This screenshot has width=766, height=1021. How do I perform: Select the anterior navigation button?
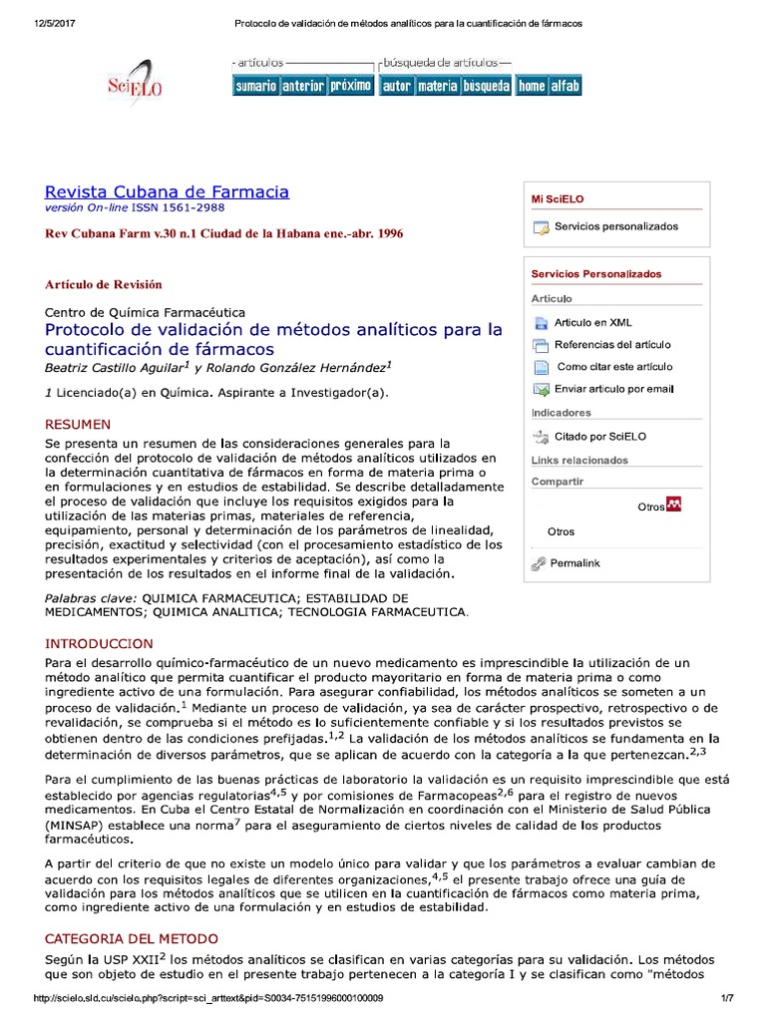(302, 86)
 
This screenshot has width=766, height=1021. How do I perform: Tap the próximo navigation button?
(351, 86)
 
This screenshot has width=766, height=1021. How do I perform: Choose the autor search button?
(396, 86)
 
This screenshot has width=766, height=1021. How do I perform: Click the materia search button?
(437, 86)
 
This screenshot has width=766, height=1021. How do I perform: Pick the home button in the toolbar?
(532, 86)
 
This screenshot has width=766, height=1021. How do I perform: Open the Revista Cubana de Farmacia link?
(167, 191)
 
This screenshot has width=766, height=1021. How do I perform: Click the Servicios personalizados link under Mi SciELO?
(615, 227)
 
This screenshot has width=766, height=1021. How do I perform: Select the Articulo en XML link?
(592, 323)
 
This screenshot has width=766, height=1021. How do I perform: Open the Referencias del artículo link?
(612, 345)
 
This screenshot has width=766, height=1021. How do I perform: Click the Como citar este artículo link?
(614, 367)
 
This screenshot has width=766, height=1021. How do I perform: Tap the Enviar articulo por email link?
(613, 389)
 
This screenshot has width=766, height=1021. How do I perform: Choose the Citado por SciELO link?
(600, 437)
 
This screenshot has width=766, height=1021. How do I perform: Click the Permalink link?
(574, 563)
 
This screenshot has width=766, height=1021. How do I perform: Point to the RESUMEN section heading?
(78, 424)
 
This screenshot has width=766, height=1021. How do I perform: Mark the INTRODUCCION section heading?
(99, 644)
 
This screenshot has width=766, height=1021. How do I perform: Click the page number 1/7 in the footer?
(727, 998)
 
